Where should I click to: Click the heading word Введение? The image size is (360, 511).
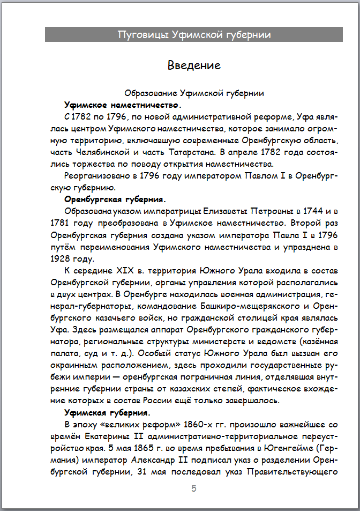(194, 65)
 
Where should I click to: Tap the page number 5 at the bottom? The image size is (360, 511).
(194, 488)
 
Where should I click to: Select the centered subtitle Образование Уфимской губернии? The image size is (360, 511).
(194, 93)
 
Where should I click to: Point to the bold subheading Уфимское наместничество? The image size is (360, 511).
(123, 105)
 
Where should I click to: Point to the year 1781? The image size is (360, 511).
(61, 223)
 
